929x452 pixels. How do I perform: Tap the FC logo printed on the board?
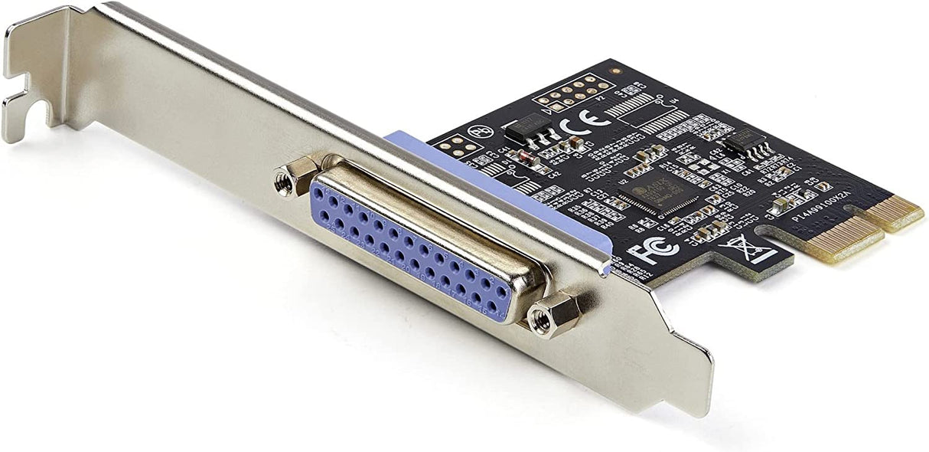[x=644, y=251]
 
